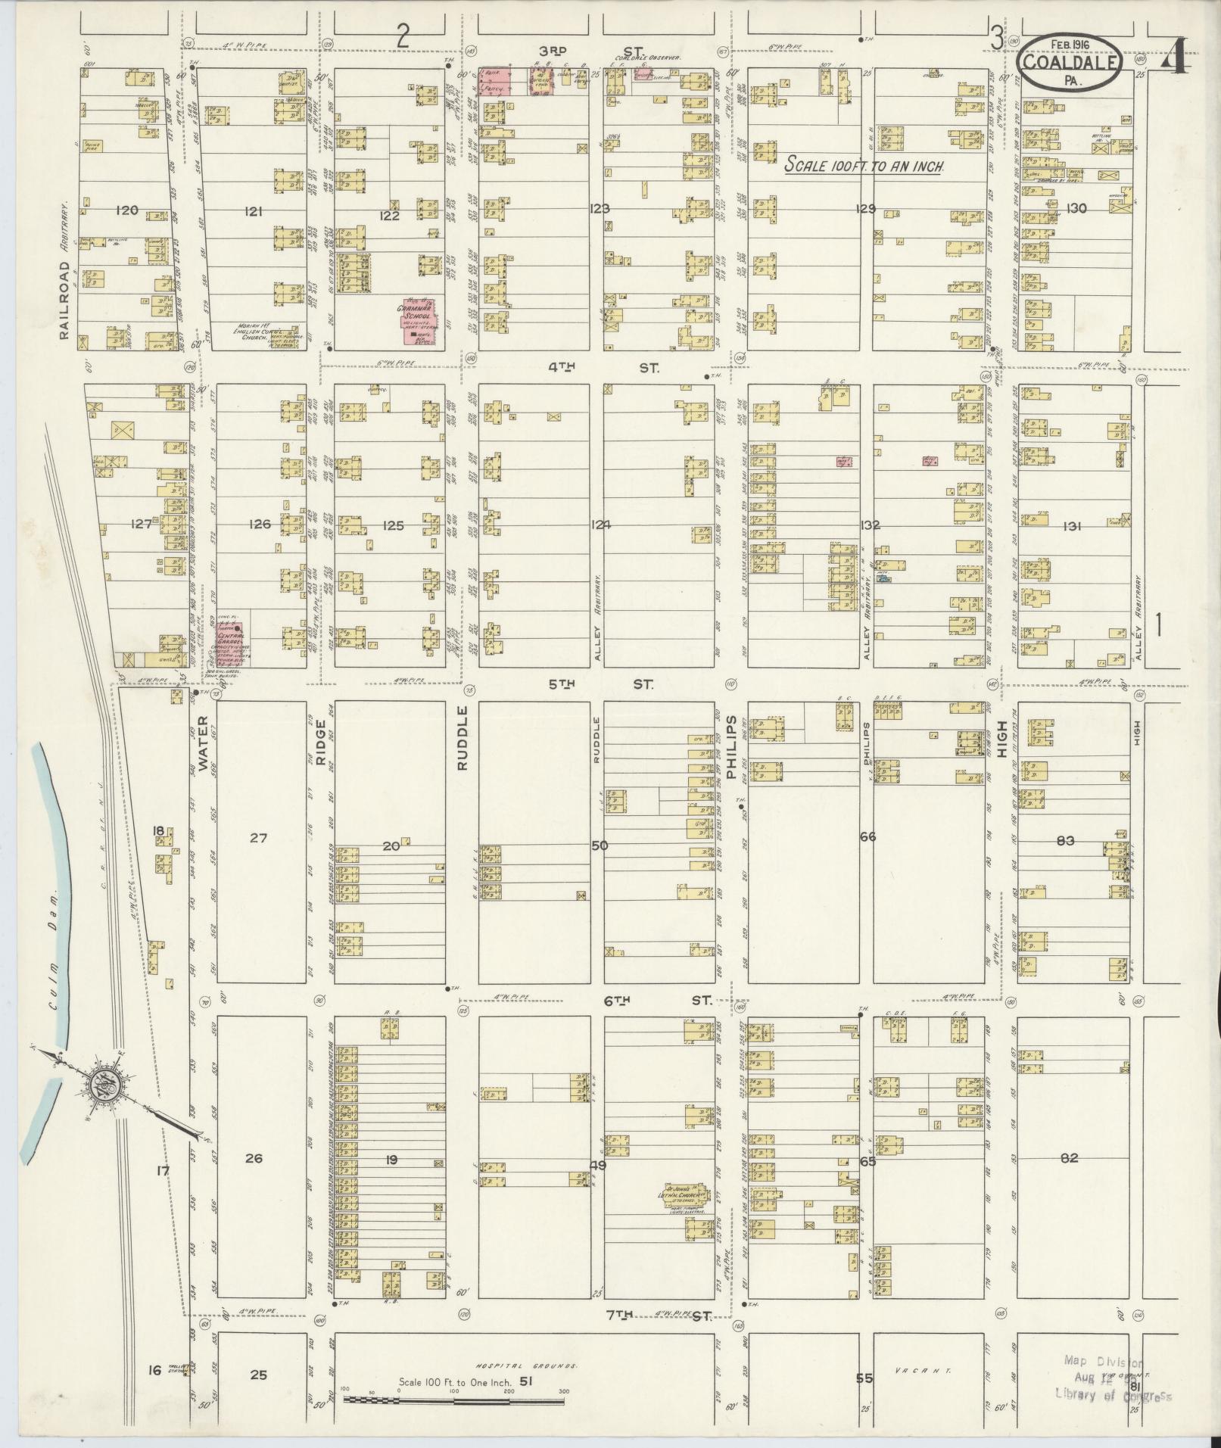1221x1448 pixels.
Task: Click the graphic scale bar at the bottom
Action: (x=454, y=1400)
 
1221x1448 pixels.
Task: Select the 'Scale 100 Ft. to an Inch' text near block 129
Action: (x=864, y=165)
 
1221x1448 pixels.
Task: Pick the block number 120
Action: (x=126, y=210)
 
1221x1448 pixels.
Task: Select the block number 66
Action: (x=867, y=836)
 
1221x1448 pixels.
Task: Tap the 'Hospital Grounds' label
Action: (x=525, y=1366)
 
